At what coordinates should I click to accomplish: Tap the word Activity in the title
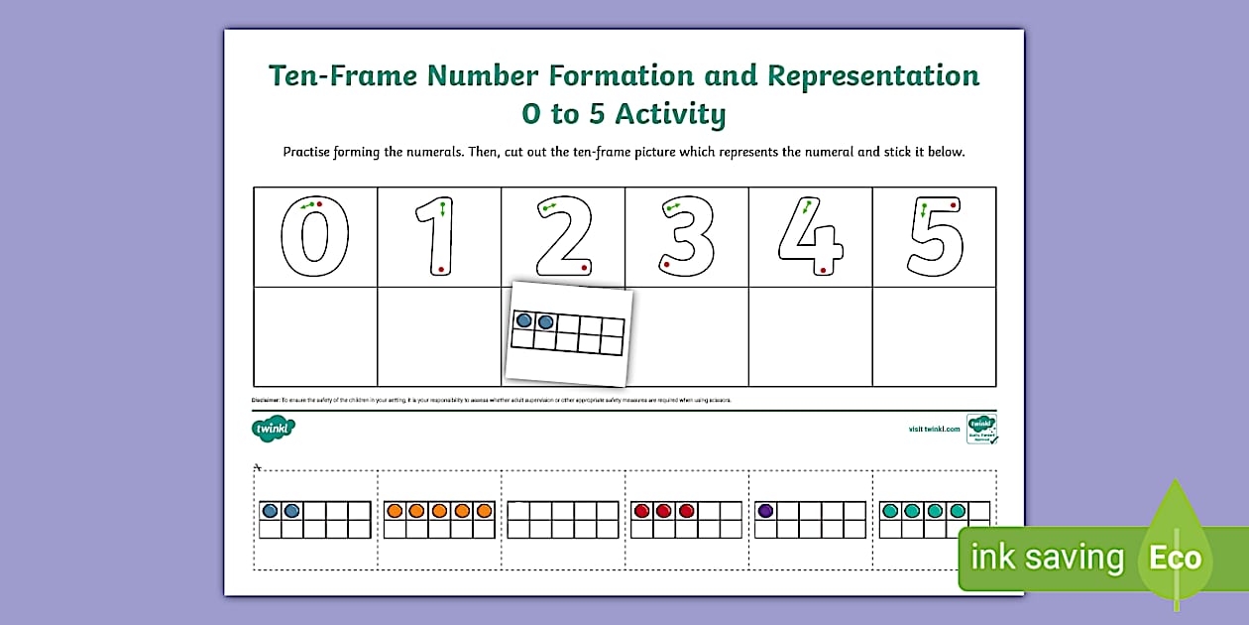click(x=670, y=114)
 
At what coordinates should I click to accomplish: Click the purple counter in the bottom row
click(x=765, y=511)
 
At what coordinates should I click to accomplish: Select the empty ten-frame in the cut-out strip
click(x=563, y=520)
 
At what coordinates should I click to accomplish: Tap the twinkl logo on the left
click(x=273, y=429)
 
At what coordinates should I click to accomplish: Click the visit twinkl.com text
click(x=934, y=429)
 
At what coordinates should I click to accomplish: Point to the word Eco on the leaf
click(x=1175, y=558)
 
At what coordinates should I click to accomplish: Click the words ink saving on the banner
click(x=1047, y=558)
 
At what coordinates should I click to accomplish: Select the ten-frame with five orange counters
click(x=439, y=520)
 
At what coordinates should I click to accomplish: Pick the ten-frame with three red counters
click(x=686, y=520)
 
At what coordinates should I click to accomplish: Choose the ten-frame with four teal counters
click(x=934, y=520)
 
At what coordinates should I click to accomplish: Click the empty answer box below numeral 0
click(x=315, y=336)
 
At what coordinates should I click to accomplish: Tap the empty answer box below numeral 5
click(x=934, y=336)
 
